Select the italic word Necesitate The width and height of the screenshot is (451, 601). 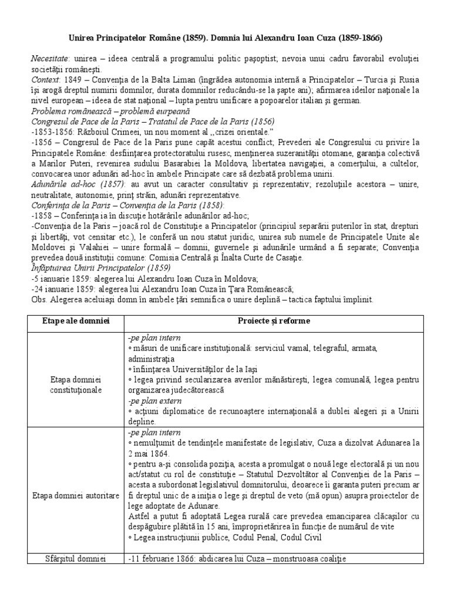50,59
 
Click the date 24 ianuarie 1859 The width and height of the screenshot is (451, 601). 62,288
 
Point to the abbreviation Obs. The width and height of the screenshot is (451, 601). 39,299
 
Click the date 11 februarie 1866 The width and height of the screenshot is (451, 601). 164,559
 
